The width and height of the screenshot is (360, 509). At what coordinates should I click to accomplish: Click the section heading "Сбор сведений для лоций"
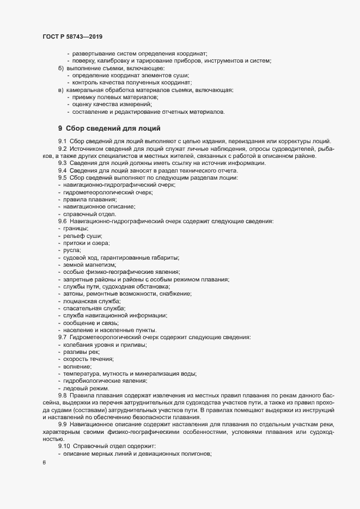point(112,128)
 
